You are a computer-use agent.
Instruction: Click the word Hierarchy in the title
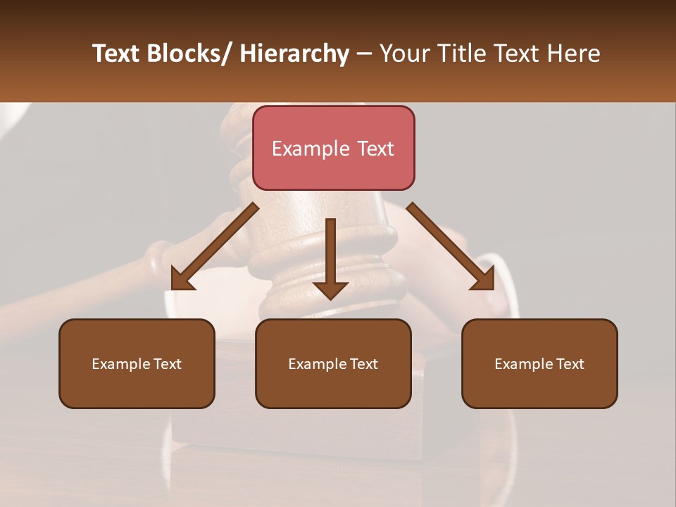click(294, 54)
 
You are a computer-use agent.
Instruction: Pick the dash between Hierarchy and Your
click(364, 54)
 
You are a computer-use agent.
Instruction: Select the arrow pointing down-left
click(213, 248)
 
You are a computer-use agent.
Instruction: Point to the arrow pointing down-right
click(451, 248)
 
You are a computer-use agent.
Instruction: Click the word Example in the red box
click(311, 149)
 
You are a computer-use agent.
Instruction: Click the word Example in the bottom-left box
click(120, 364)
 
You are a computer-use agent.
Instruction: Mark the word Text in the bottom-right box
click(568, 364)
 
